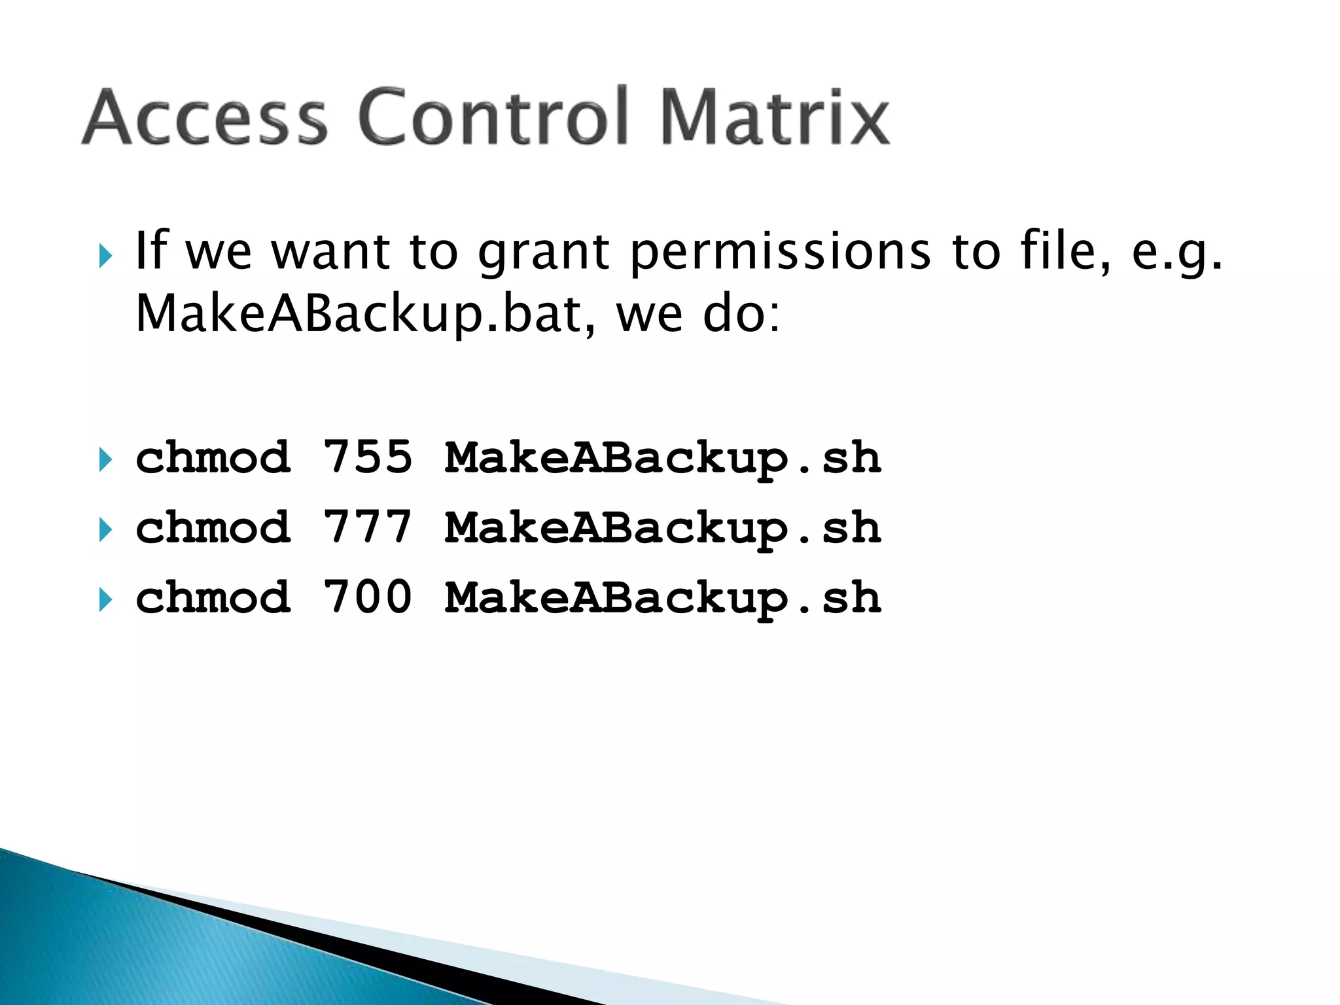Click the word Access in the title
pos(204,118)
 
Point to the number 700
pos(368,597)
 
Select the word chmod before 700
pos(213,597)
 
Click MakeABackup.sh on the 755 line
pos(663,458)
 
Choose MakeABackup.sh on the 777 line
pos(663,528)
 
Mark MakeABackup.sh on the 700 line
pos(663,598)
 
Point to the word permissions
pos(781,252)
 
